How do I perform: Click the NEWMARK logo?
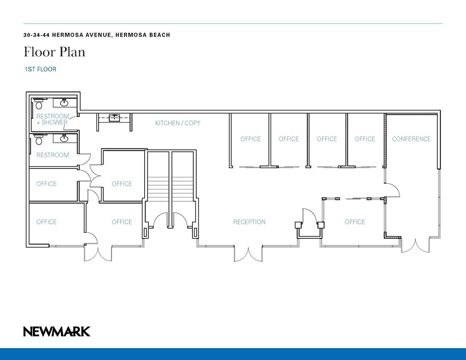tap(57, 331)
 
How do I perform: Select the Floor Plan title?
tap(54, 52)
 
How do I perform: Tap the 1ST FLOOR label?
tap(41, 69)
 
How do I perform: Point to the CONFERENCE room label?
tap(411, 139)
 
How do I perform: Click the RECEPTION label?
tap(249, 222)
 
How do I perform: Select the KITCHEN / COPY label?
tap(178, 123)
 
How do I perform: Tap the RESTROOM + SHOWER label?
tap(52, 119)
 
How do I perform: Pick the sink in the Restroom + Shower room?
tap(65, 102)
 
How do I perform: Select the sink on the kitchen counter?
tap(114, 118)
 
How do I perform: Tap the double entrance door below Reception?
tap(248, 253)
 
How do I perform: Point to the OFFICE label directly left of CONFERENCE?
tap(365, 139)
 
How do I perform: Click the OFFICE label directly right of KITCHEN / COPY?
tap(250, 139)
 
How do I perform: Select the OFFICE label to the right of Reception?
tap(355, 222)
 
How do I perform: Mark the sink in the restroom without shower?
tap(65, 138)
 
